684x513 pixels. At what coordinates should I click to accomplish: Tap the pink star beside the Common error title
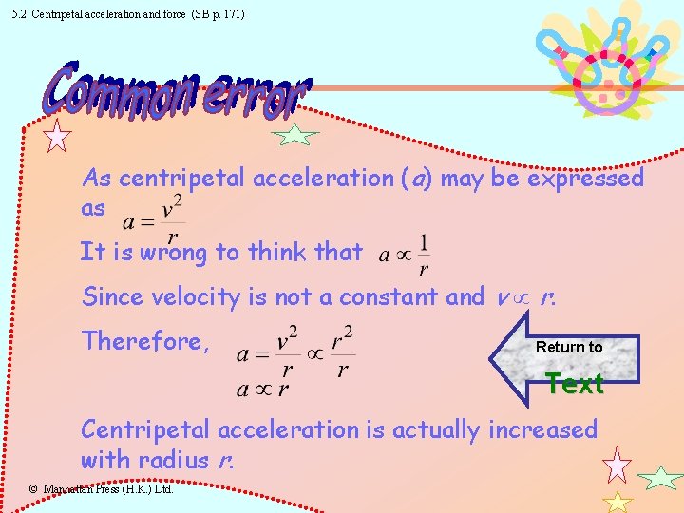58,136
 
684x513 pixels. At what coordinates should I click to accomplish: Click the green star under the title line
296,137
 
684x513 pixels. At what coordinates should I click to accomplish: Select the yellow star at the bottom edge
617,503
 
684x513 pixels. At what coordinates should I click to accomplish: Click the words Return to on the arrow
568,347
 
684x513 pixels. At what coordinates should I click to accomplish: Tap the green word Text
575,384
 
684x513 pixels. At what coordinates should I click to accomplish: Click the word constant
385,296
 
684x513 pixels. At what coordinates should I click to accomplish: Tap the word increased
542,429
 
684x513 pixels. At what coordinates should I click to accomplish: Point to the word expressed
585,178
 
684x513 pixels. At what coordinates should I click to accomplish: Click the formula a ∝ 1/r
404,251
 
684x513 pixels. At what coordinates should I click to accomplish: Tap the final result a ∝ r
262,388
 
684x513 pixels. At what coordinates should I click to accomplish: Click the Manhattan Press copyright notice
99,489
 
